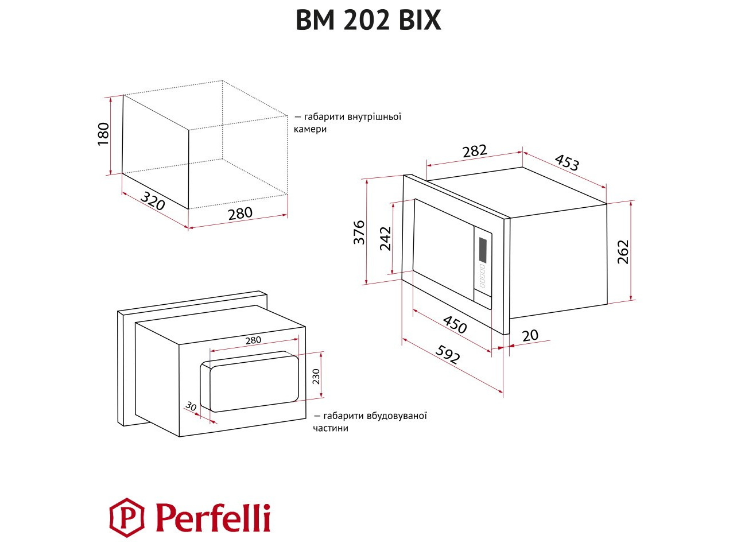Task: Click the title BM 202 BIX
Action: point(368,20)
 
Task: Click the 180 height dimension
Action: point(103,134)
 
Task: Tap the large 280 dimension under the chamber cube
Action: point(240,214)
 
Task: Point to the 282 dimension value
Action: point(475,151)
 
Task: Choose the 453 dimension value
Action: point(567,162)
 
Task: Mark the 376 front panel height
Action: point(359,232)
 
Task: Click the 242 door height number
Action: point(385,239)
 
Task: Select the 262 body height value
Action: point(623,252)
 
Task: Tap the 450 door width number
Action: point(455,324)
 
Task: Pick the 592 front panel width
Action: point(448,354)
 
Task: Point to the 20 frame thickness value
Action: point(530,335)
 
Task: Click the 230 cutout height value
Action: point(316,377)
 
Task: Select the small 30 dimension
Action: point(191,406)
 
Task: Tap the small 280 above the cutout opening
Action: point(253,340)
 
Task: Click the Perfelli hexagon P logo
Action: point(127,517)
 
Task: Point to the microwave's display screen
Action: point(482,249)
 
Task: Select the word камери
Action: point(311,129)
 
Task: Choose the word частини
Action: point(331,428)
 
